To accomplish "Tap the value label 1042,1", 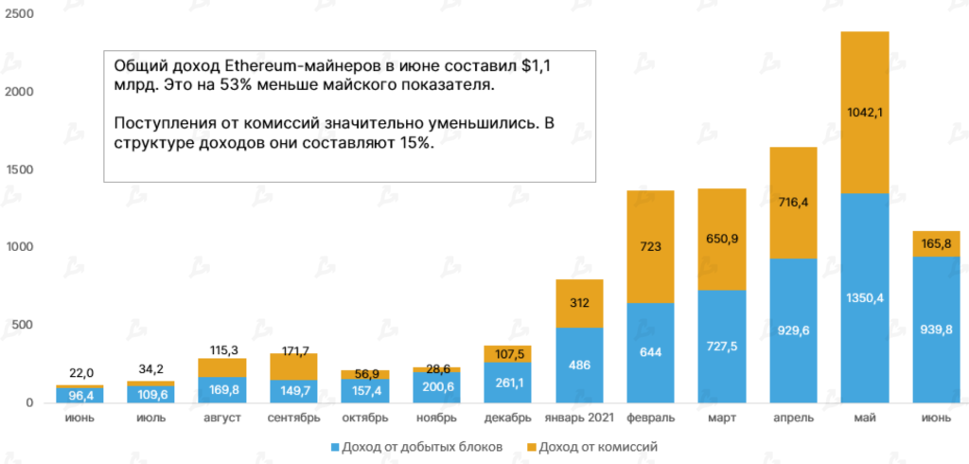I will click(x=864, y=113).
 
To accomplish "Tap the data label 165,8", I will click(x=936, y=244).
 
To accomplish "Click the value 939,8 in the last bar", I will click(x=936, y=330).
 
